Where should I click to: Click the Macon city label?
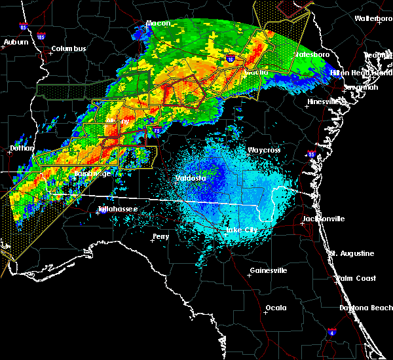[158, 23]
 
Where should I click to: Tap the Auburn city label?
[16, 42]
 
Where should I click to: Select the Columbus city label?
[69, 48]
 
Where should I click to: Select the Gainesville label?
[269, 270]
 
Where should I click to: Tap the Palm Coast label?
[356, 278]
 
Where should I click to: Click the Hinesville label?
[326, 101]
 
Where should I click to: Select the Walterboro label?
[373, 18]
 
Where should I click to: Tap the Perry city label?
[160, 236]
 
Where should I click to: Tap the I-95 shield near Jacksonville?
[311, 154]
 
